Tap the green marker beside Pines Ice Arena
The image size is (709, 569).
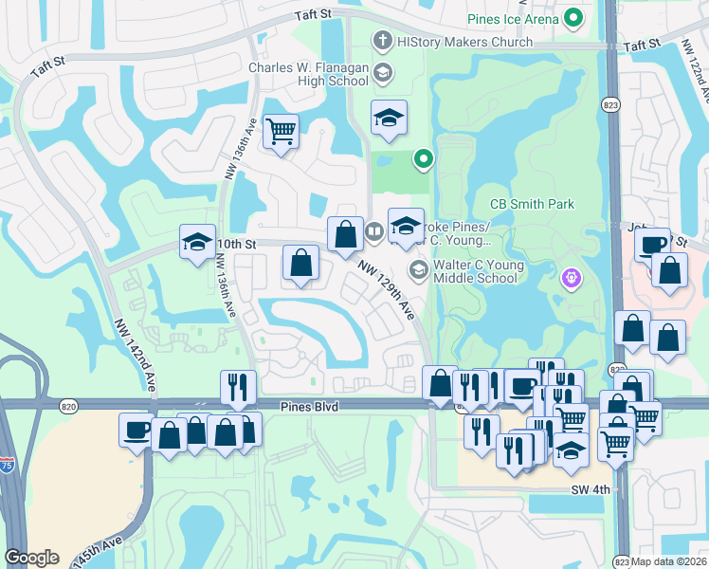click(x=573, y=18)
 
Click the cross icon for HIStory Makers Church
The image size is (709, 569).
click(x=382, y=41)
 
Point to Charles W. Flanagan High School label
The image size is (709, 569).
click(x=308, y=74)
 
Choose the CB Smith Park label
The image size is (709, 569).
click(x=532, y=204)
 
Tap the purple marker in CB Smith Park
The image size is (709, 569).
click(x=571, y=278)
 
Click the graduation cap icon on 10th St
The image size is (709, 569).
click(x=197, y=241)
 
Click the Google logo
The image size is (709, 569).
click(x=31, y=558)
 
